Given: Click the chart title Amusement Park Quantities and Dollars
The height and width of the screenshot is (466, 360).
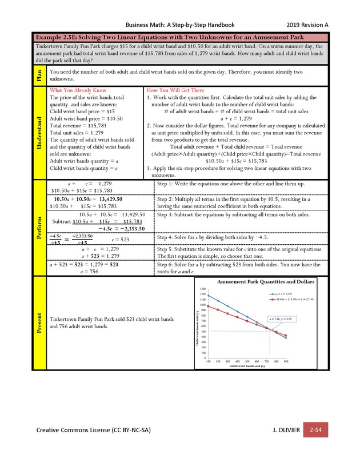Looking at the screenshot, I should point(265,282).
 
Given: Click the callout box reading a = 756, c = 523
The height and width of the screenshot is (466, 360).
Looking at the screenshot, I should point(282,319).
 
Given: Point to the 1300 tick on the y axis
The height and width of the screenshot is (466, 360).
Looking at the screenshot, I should point(203,289).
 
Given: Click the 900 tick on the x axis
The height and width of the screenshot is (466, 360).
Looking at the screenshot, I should point(286,362).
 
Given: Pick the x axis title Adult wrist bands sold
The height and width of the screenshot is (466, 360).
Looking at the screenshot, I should point(246,367).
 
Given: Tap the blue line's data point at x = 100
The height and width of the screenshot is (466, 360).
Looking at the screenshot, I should point(209,296).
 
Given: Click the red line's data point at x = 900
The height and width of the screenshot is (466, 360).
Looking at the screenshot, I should point(286,336).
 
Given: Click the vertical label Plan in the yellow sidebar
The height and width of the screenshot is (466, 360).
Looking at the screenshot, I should point(40,75).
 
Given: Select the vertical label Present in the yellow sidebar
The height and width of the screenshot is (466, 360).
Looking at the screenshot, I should point(40,322).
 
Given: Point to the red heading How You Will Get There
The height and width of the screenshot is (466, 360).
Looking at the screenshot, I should point(175,90).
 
